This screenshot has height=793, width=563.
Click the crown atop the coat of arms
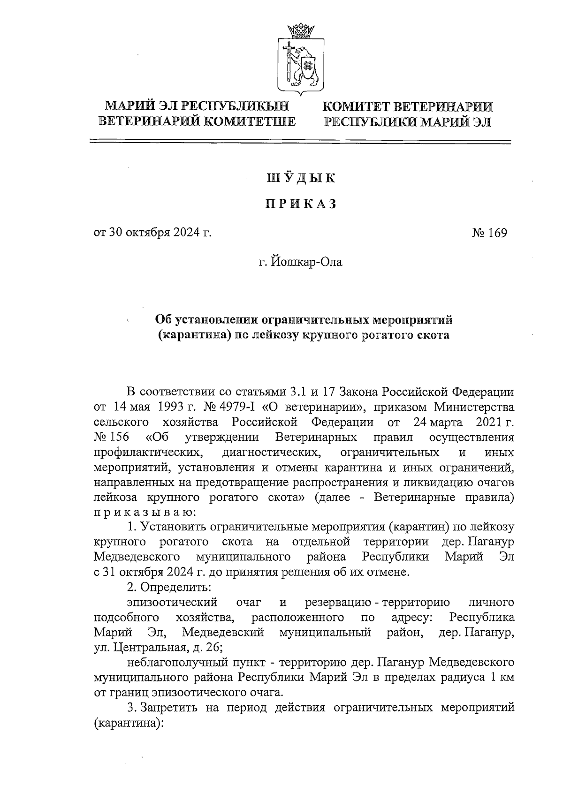[x=300, y=32]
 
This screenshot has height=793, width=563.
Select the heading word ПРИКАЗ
[x=301, y=204]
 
